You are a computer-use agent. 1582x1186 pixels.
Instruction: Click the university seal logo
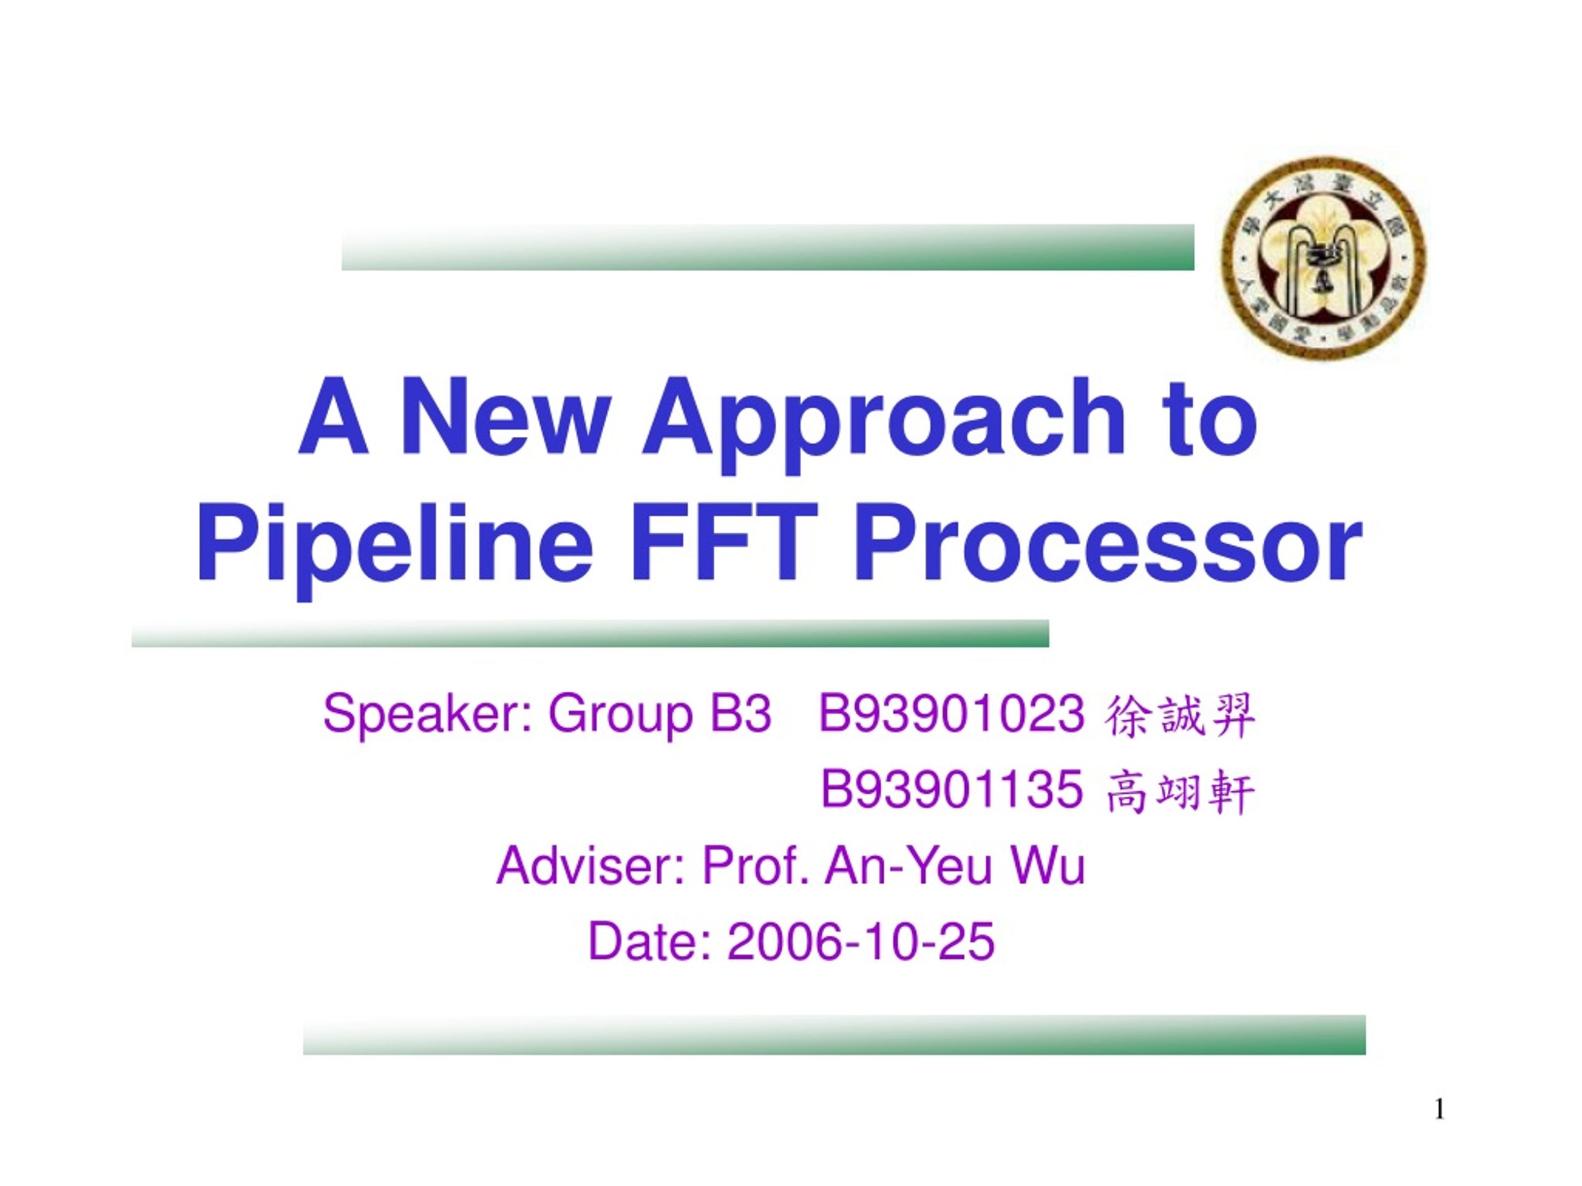click(1323, 258)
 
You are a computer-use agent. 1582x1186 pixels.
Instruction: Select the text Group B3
click(659, 715)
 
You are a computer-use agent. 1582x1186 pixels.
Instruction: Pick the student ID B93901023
click(950, 713)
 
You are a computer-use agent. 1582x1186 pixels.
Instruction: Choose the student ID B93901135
click(950, 790)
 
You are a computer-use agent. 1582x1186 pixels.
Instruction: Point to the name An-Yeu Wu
click(955, 867)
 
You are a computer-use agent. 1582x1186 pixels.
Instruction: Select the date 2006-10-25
click(861, 942)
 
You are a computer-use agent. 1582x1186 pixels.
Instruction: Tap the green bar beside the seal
click(768, 247)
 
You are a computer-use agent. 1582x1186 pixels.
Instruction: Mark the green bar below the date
click(834, 1035)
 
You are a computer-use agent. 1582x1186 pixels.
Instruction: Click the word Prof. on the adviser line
click(756, 867)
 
